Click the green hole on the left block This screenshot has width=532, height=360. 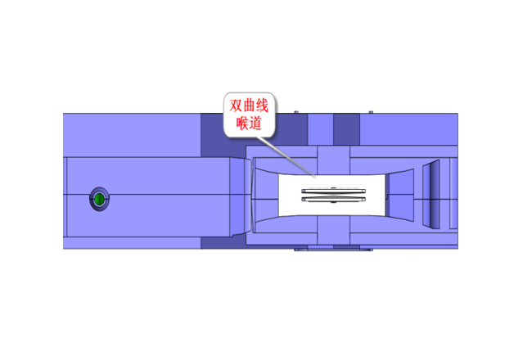tap(99, 199)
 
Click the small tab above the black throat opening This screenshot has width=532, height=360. tap(331, 160)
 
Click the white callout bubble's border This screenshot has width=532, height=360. tap(278, 115)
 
